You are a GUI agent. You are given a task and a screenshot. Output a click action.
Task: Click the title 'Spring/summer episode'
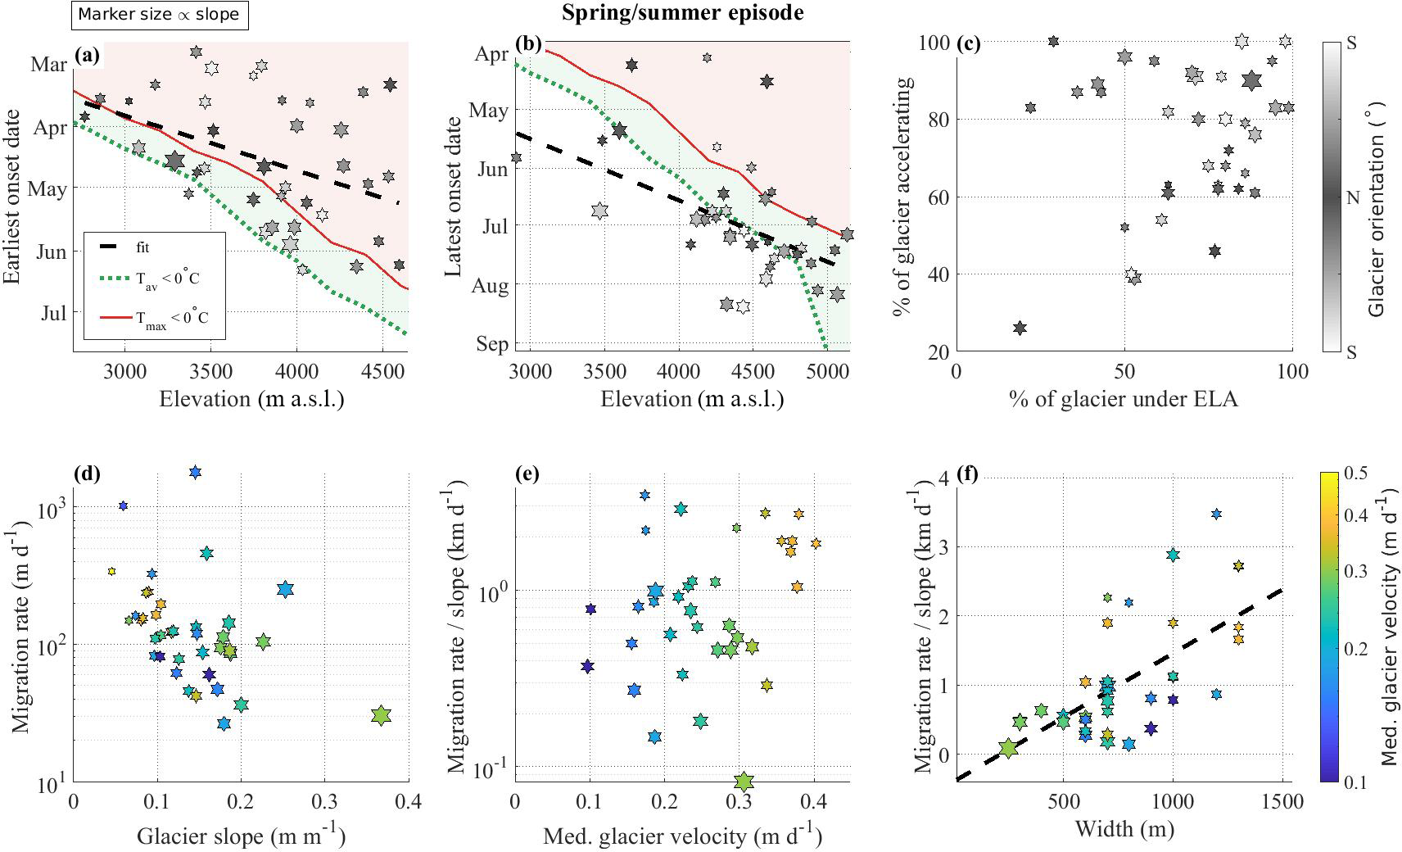coord(682,13)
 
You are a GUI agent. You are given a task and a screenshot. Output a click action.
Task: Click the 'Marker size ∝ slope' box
coord(159,15)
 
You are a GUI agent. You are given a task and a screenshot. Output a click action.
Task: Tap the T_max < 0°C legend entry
coord(172,318)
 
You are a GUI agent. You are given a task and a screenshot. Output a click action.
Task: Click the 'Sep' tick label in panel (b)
coord(492,343)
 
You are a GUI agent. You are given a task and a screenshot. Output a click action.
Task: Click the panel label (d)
coord(86,473)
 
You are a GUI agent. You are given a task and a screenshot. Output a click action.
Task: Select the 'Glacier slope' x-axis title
coord(241,836)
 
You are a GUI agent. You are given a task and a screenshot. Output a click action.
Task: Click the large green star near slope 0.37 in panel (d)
coord(381,715)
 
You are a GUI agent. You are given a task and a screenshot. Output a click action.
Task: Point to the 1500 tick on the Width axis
coord(1282,800)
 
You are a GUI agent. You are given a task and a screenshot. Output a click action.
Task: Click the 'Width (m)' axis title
coord(1124,829)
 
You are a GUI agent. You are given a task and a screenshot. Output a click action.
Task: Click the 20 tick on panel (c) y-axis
coord(938,351)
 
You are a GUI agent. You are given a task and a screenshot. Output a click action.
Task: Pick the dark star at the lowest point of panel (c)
coord(1020,328)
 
